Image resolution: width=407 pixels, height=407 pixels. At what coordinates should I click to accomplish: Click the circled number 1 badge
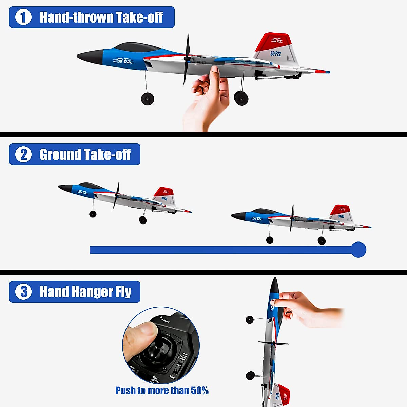[23, 17]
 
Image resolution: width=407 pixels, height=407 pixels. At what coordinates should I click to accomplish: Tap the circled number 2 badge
[23, 155]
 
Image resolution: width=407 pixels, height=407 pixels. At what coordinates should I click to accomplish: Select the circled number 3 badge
[23, 292]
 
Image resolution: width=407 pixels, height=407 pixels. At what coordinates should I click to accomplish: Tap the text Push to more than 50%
[162, 391]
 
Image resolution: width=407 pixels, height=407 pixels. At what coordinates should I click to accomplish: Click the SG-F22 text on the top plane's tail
[275, 53]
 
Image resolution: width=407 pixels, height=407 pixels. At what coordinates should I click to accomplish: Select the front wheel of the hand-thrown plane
[148, 99]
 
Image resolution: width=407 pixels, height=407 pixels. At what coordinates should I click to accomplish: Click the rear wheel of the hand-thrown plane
[241, 98]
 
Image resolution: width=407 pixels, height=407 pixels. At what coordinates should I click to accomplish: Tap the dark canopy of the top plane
[136, 47]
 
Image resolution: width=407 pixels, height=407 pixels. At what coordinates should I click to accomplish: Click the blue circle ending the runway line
[358, 250]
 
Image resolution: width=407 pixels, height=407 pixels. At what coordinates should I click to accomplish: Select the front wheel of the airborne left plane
[93, 214]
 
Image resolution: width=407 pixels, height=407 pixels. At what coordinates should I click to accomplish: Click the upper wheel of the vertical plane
[250, 319]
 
